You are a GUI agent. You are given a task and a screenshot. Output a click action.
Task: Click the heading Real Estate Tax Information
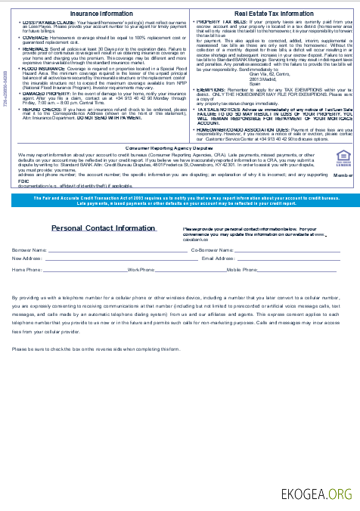pyautogui.click(x=273, y=14)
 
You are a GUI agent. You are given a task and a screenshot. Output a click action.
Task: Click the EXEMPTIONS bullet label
pyautogui.click(x=213, y=88)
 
